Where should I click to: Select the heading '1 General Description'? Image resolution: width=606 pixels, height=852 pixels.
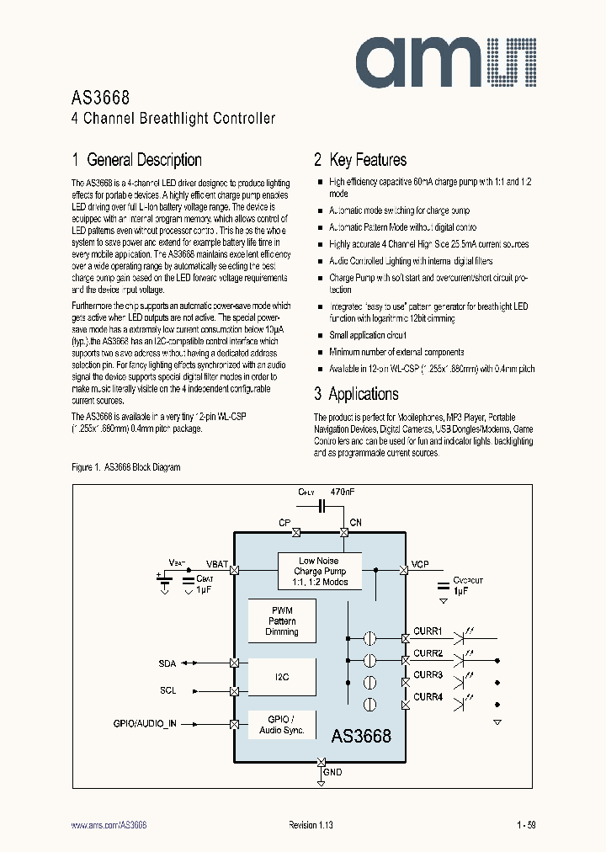(137, 160)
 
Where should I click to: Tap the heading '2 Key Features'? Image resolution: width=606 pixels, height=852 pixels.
(360, 160)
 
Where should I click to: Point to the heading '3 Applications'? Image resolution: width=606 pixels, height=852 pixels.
(356, 394)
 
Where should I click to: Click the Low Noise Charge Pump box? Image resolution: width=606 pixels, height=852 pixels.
(319, 572)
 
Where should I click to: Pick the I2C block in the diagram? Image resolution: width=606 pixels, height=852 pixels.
(282, 677)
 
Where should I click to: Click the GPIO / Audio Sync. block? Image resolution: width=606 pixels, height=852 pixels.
(282, 725)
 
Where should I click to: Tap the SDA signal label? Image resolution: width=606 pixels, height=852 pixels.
(167, 663)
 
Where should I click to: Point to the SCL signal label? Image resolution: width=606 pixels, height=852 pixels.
(167, 690)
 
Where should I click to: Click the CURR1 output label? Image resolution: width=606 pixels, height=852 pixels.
(428, 631)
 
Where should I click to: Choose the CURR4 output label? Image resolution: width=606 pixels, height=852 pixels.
(428, 696)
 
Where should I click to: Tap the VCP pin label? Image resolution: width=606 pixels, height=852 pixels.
(420, 565)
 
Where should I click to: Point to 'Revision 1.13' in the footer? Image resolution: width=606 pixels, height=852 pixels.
(311, 826)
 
